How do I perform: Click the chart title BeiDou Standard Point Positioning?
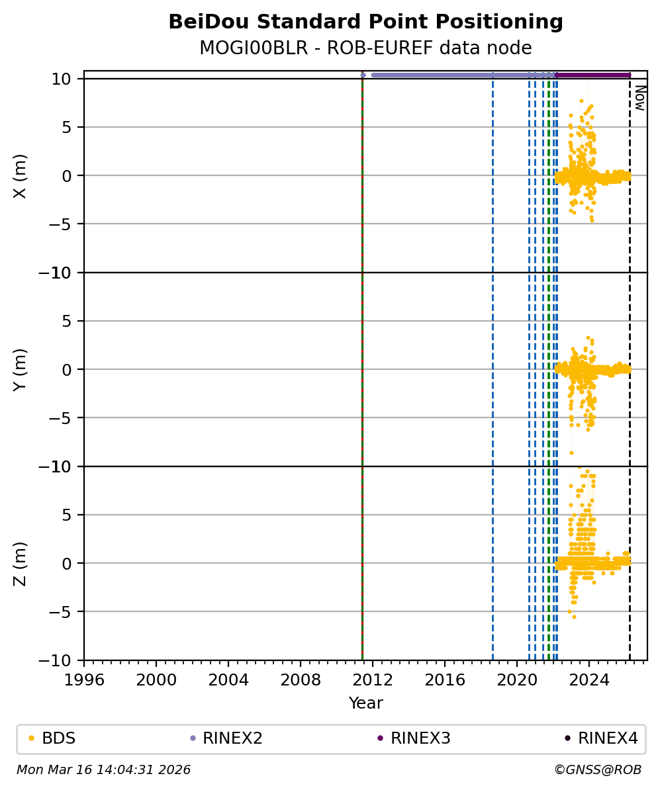(365, 22)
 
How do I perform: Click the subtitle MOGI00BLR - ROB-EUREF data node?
(365, 48)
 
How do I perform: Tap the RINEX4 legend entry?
(608, 738)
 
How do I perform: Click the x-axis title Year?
(365, 703)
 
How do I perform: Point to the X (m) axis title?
(21, 175)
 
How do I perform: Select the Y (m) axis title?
(21, 369)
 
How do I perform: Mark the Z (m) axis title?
(21, 563)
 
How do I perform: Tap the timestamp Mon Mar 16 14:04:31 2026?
(103, 770)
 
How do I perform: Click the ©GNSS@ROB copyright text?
(598, 770)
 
